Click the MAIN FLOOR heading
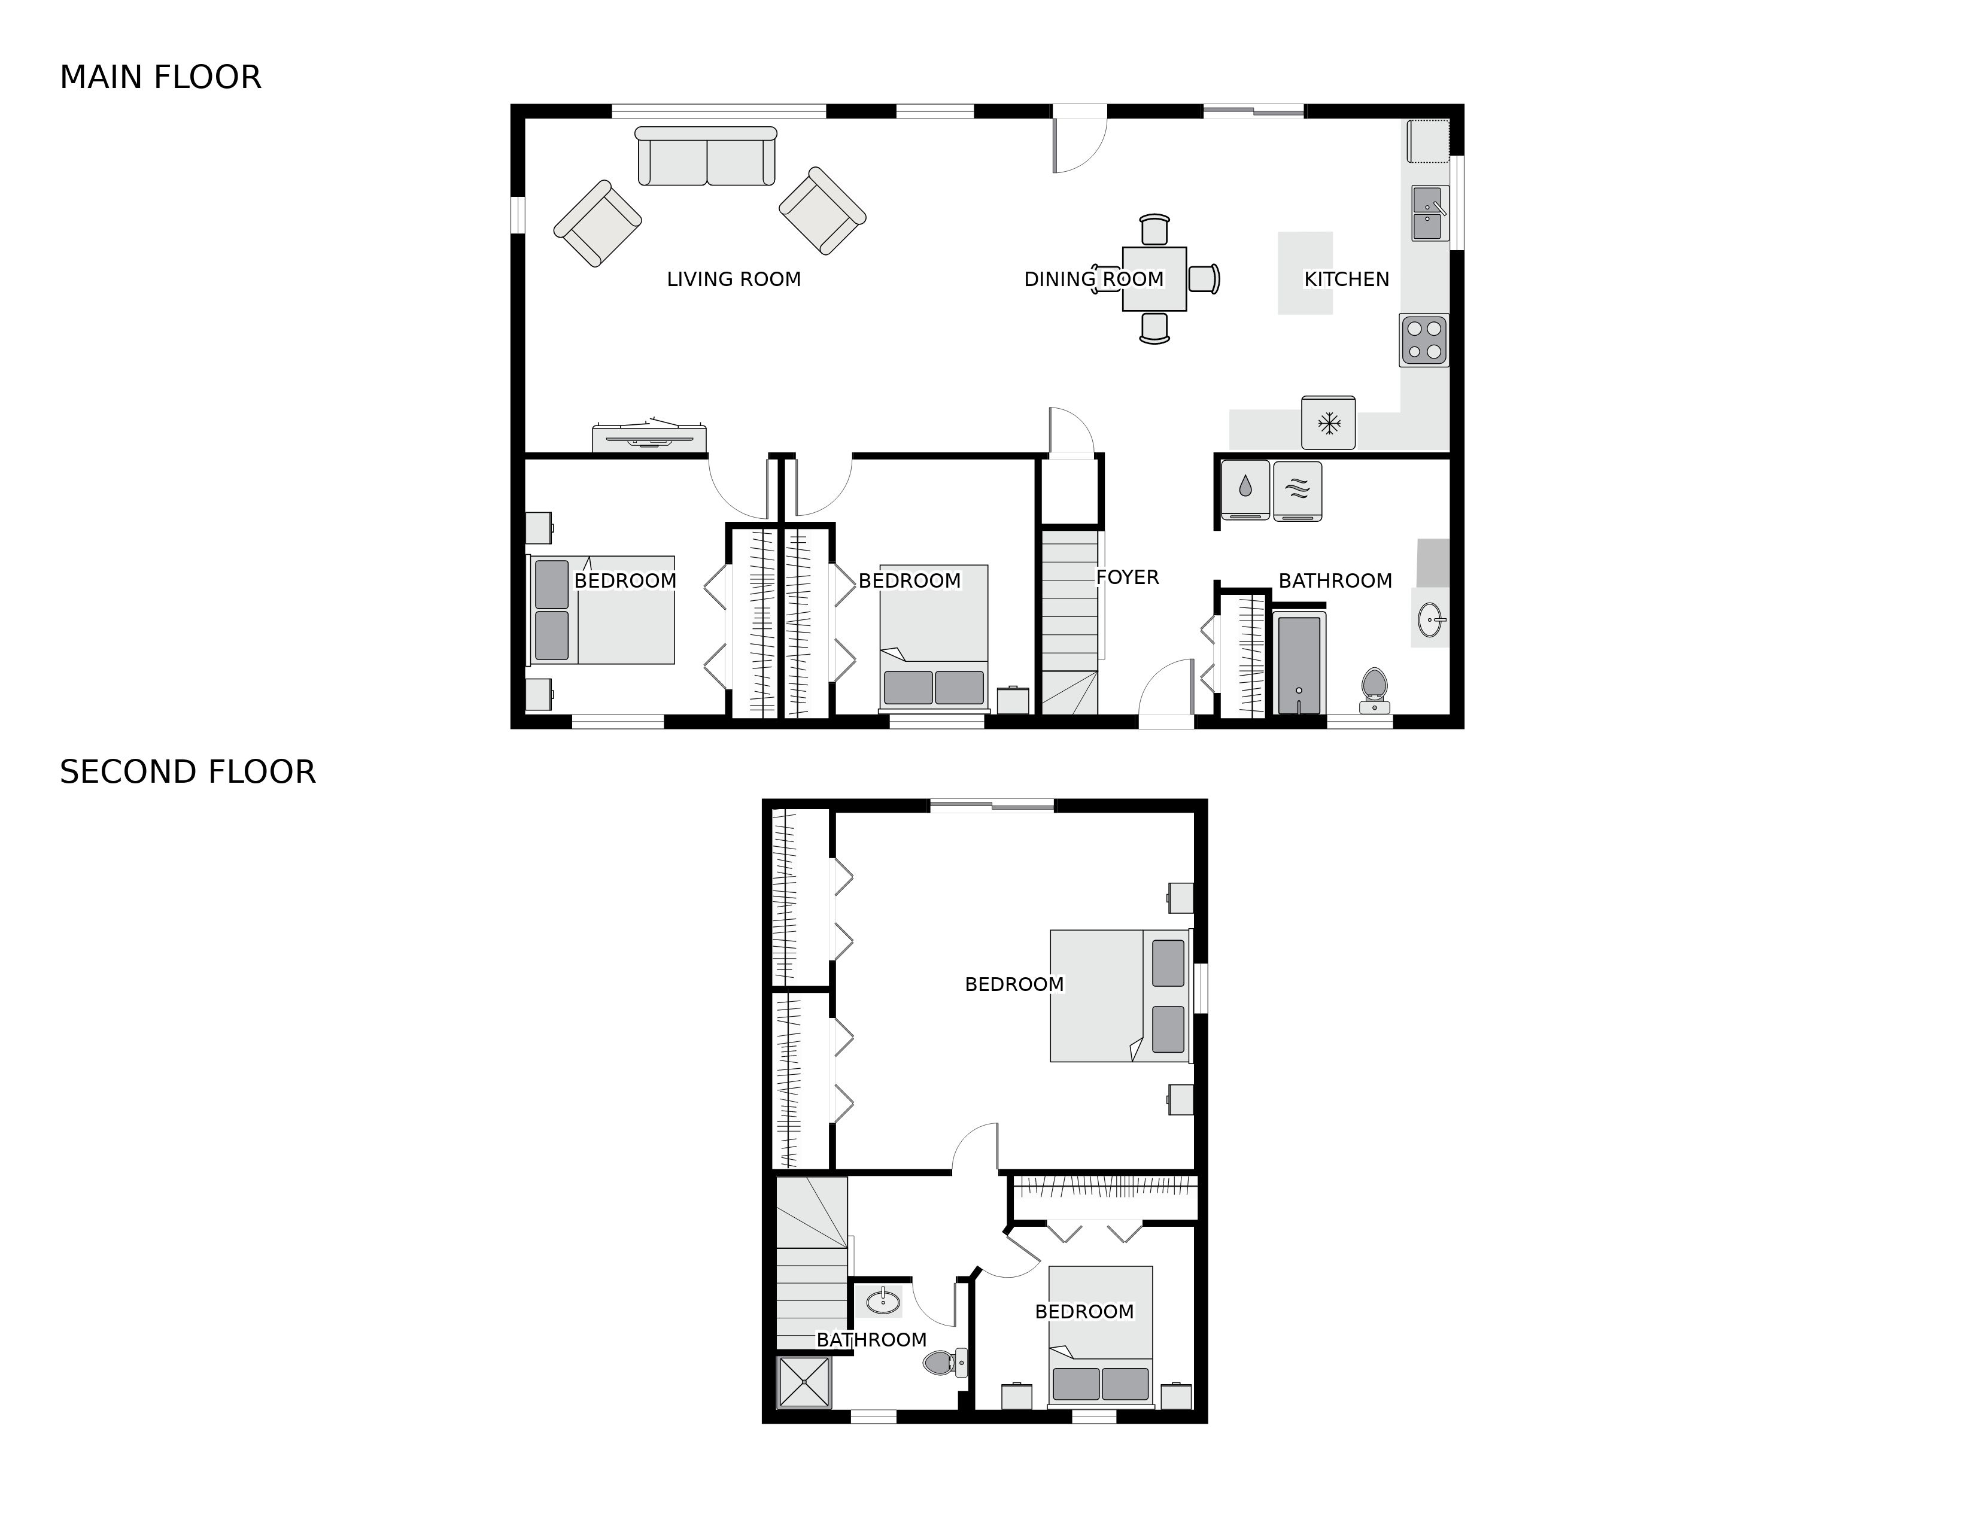click(x=160, y=78)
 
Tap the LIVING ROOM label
click(x=733, y=279)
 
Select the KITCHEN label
click(x=1347, y=279)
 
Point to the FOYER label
click(x=1127, y=577)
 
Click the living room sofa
click(x=706, y=156)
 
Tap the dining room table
click(x=1154, y=279)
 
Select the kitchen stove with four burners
click(x=1424, y=340)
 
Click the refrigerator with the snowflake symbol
click(x=1329, y=422)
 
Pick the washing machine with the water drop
click(x=1245, y=491)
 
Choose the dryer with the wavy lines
click(x=1298, y=491)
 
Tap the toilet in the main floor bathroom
click(x=1375, y=691)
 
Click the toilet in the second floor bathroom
click(x=946, y=1361)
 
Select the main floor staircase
click(x=1071, y=622)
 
